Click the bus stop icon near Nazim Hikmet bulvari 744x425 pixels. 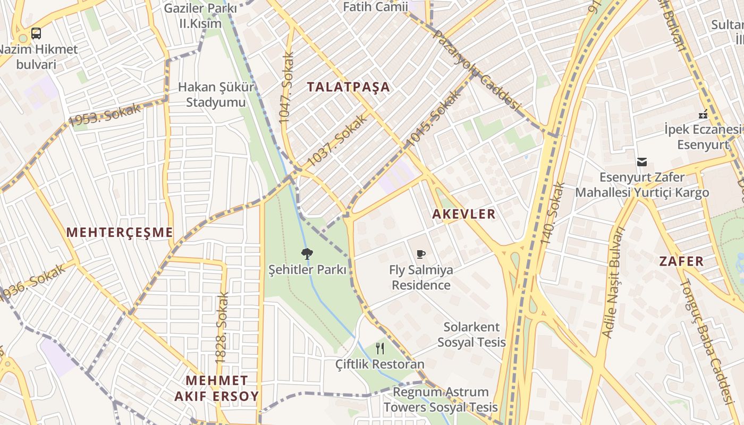(36, 33)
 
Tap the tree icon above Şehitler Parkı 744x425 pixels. (307, 253)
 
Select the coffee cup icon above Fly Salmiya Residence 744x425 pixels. (421, 254)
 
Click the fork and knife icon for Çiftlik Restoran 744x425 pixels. (379, 348)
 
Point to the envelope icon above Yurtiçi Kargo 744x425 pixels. (642, 161)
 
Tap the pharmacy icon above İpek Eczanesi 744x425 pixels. (703, 114)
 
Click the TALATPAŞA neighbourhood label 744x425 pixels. (349, 87)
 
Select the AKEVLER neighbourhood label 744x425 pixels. (464, 214)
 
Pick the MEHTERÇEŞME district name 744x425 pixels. (120, 232)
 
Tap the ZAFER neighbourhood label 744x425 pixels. (682, 261)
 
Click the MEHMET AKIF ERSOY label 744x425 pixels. (217, 388)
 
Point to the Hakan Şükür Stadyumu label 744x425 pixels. (216, 95)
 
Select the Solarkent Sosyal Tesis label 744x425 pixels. (471, 334)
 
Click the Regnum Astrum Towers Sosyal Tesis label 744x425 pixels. (441, 399)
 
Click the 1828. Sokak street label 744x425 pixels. (222, 328)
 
